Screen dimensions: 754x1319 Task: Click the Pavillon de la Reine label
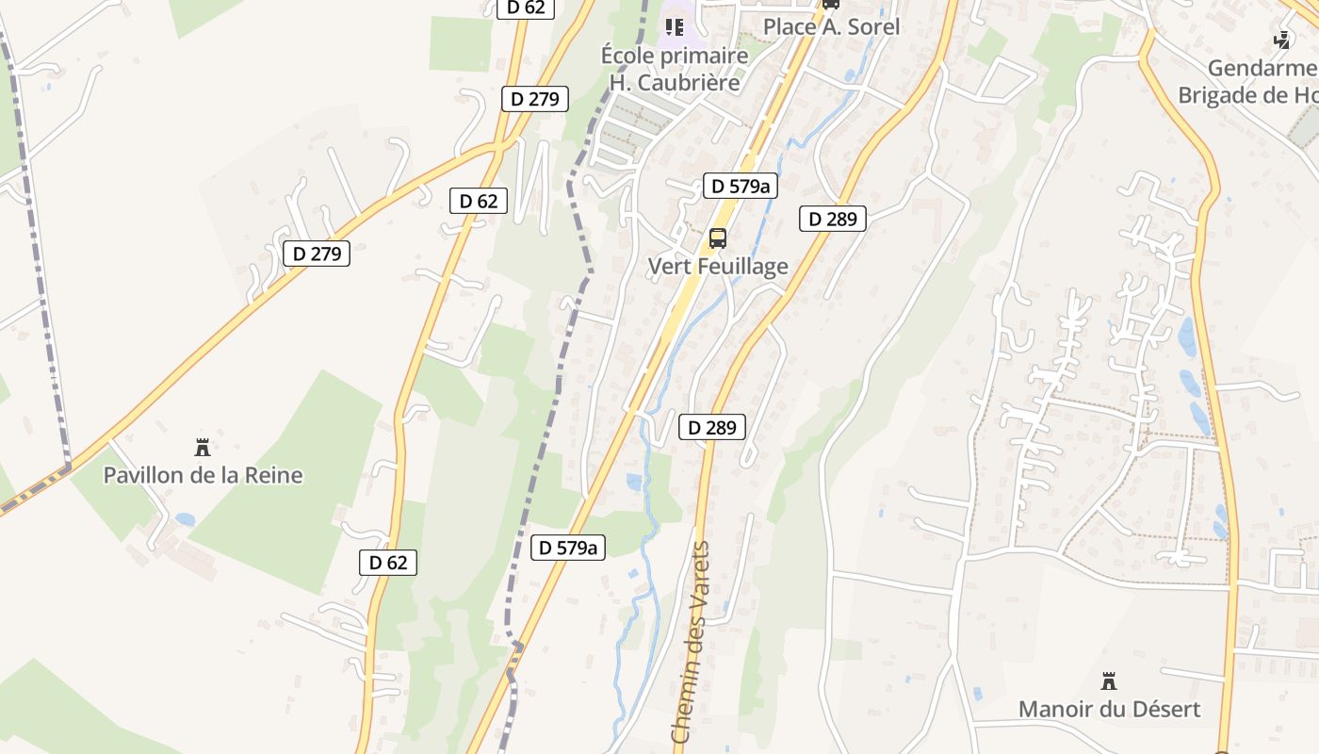(203, 474)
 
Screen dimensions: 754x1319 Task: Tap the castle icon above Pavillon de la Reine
(201, 446)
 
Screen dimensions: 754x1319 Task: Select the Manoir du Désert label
(1109, 709)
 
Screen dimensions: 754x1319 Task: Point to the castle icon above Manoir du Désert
(1109, 680)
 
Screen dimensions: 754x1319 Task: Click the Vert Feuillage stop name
(718, 266)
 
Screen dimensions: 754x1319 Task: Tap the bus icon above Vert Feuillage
(718, 238)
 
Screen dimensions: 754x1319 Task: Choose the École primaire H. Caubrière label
(675, 69)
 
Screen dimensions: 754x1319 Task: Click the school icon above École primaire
(675, 26)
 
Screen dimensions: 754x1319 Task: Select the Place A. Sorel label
(831, 26)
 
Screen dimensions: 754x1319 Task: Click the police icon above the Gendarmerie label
(1282, 40)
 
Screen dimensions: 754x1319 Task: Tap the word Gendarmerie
(1262, 68)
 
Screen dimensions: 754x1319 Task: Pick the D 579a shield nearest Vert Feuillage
(741, 186)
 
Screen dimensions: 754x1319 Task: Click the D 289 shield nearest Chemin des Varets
(711, 427)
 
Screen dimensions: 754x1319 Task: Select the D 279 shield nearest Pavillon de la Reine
(317, 253)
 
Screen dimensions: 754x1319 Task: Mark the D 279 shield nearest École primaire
(535, 98)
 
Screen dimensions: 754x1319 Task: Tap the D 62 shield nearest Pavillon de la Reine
(387, 563)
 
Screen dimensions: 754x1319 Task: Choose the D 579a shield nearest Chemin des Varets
(567, 547)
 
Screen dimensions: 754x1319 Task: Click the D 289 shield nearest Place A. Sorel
(833, 219)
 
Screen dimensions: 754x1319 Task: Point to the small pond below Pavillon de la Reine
(185, 519)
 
